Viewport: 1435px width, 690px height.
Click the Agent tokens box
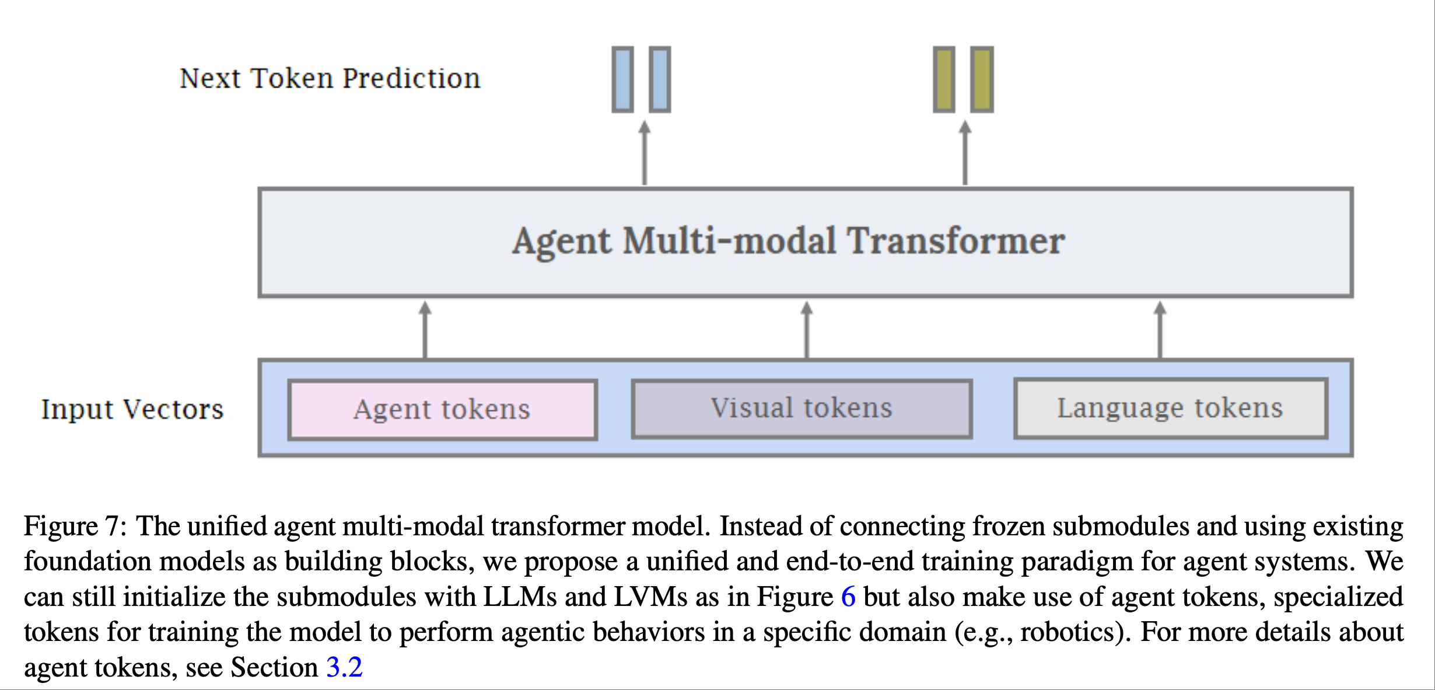[443, 409]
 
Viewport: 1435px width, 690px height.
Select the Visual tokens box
[802, 408]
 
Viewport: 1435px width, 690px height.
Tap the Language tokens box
[1171, 408]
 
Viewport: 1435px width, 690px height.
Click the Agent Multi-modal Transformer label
[789, 241]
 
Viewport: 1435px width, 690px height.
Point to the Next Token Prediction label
[330, 78]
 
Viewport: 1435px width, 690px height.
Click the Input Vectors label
[132, 409]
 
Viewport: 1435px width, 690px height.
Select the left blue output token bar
[622, 79]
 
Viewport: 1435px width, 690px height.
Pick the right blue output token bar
[660, 79]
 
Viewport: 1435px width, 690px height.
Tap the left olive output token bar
[944, 79]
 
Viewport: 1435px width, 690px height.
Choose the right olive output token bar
[982, 79]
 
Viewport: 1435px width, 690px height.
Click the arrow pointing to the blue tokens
[644, 153]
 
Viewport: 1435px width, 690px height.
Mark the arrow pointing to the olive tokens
[965, 153]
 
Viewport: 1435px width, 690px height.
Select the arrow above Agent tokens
[425, 330]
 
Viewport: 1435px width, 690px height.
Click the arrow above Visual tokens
[807, 330]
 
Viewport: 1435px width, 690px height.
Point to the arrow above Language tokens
[1160, 330]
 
